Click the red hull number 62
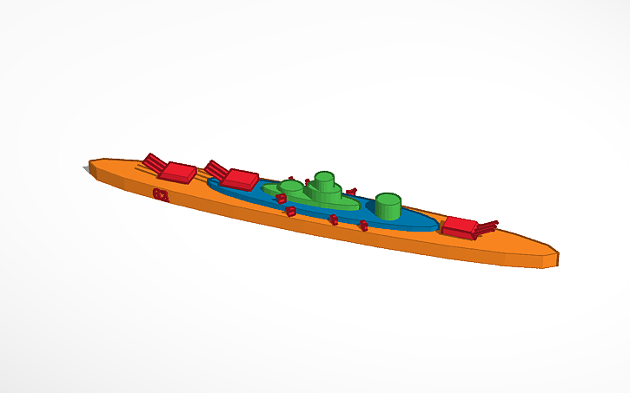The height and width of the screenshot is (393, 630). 161,193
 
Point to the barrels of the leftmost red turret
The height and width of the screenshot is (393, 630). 154,161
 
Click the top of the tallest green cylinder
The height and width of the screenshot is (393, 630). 324,178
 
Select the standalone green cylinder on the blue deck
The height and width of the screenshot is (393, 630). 388,207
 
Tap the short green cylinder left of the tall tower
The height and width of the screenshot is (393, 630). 291,187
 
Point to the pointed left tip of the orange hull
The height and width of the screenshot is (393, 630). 90,163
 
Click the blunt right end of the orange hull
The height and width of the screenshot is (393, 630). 551,258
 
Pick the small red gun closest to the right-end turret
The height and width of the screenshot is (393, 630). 364,226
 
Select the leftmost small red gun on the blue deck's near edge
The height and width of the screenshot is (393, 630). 281,199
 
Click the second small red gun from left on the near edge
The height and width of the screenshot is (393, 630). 291,211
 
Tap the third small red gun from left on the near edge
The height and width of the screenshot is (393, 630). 334,219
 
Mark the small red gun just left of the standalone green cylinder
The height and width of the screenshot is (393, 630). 352,191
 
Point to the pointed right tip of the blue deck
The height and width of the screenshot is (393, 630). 439,226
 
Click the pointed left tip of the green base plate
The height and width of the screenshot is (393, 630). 263,186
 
